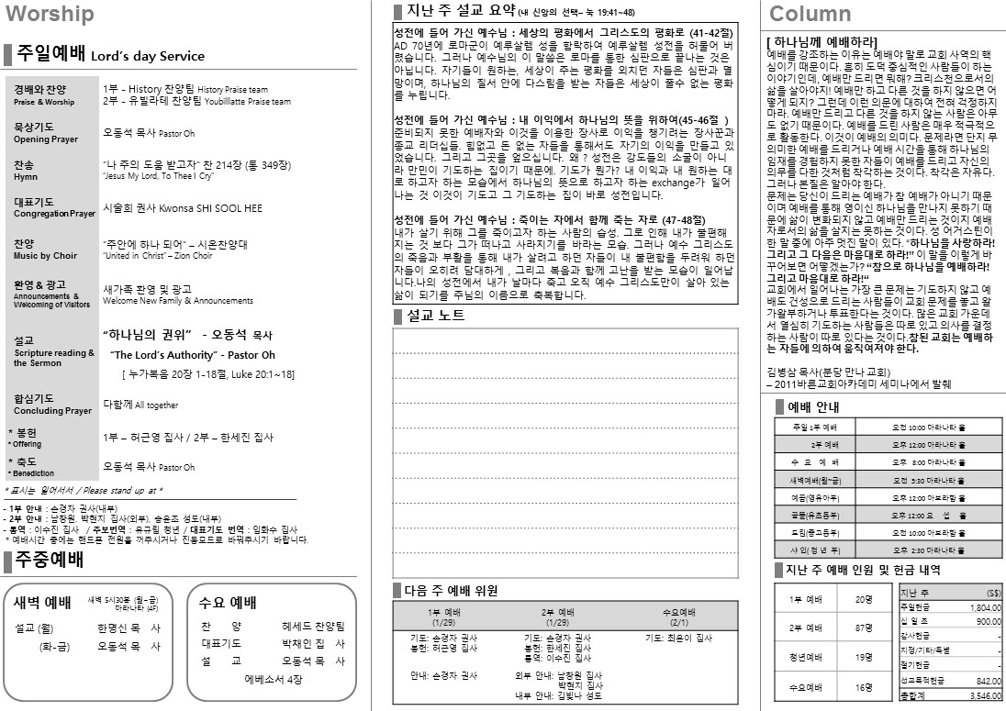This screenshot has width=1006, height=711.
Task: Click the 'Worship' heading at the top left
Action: click(x=50, y=14)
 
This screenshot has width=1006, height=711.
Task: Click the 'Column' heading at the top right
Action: click(x=810, y=14)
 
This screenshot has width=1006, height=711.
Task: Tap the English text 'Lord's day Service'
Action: click(x=148, y=56)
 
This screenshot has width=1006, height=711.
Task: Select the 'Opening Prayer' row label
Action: click(x=46, y=139)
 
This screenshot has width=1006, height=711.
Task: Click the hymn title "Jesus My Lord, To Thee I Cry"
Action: click(x=158, y=175)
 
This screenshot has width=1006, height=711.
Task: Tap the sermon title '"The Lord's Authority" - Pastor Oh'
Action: click(x=193, y=355)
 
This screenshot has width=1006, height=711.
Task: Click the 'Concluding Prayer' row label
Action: click(x=52, y=411)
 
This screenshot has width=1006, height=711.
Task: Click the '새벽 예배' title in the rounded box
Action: click(x=42, y=603)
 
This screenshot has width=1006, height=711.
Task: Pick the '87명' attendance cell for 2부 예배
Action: click(x=863, y=628)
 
